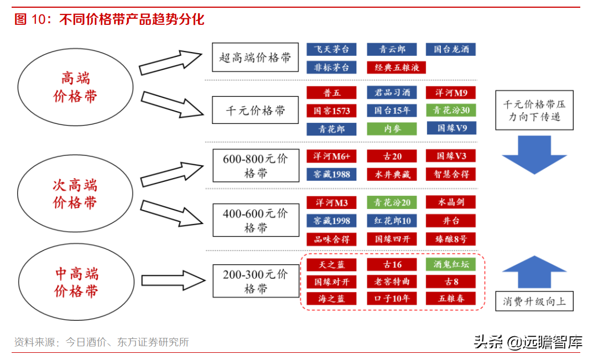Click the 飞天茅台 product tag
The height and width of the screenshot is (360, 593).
coord(331,49)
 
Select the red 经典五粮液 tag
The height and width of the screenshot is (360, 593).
coord(396,67)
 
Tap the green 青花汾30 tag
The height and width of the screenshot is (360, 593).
coord(451,111)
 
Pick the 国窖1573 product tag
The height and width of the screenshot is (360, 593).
coord(331,111)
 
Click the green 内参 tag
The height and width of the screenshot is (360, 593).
coord(392,129)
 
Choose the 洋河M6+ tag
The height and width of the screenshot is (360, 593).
coord(331,156)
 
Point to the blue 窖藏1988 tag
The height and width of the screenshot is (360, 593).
coord(331,174)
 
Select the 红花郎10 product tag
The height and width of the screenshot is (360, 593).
coord(392,221)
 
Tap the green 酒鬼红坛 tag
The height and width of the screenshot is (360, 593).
coord(451,264)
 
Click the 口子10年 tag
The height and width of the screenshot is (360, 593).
coord(392,299)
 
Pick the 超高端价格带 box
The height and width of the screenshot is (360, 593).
coord(255,57)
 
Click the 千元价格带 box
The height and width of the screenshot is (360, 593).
coord(255,110)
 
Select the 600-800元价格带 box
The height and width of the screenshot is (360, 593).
coord(256,166)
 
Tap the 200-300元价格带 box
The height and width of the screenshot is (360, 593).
coord(256,281)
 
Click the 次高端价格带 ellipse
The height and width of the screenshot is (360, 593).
coord(75,193)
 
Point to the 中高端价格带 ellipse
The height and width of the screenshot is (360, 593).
coord(76,281)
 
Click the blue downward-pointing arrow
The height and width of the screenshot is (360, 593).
coord(534,155)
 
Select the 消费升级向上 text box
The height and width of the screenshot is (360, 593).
coord(534,301)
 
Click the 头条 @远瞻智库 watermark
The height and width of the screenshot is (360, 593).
coord(528,342)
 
